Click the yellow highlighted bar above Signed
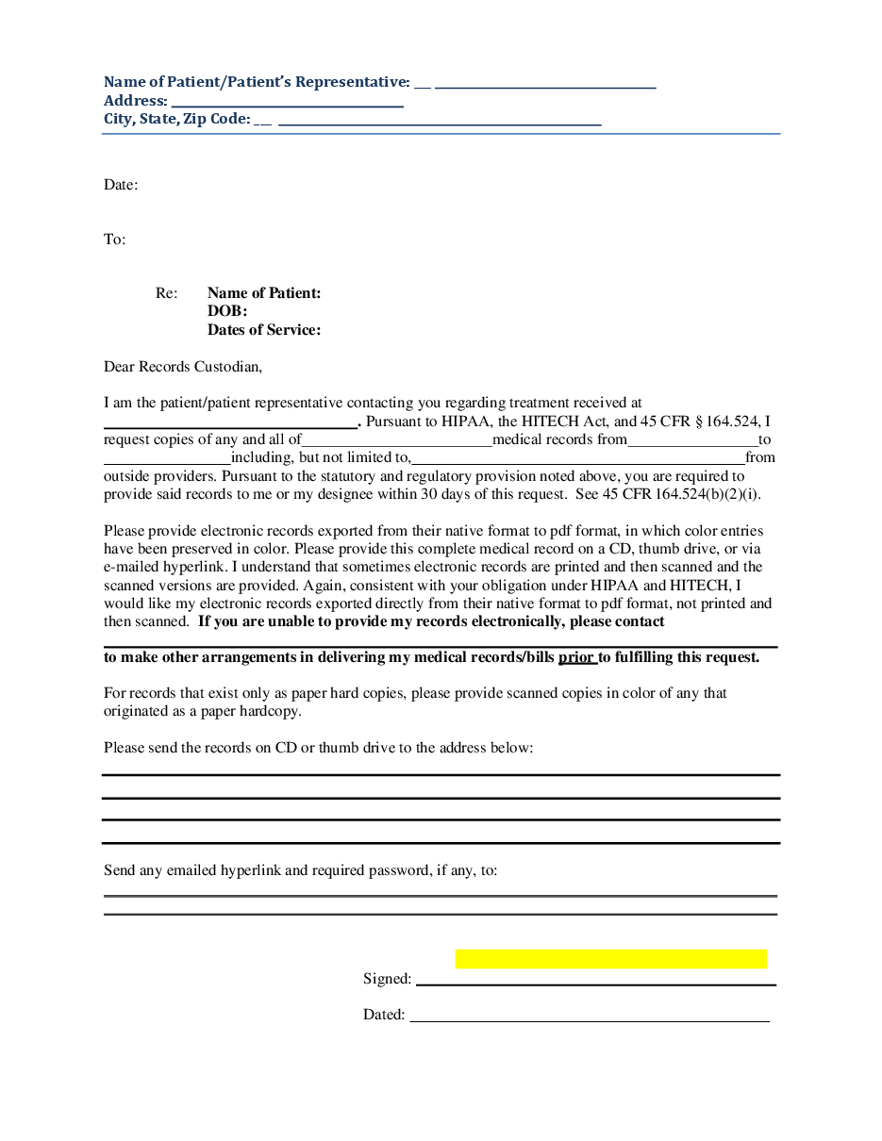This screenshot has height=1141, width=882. click(x=610, y=959)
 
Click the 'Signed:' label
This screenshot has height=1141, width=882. click(x=387, y=979)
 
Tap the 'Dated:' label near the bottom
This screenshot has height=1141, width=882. click(x=384, y=1015)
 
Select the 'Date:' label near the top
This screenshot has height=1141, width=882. click(x=121, y=185)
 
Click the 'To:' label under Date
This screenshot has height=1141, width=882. click(x=114, y=240)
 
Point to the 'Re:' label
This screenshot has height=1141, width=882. click(x=166, y=293)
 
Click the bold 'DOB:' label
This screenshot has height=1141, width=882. click(x=227, y=311)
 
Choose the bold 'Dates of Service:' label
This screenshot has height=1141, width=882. click(x=264, y=330)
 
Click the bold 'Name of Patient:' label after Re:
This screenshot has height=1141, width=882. click(x=264, y=293)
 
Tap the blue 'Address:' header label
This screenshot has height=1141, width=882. click(x=136, y=101)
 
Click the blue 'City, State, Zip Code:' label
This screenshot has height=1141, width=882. click(x=176, y=119)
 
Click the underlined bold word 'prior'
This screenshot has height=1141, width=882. click(x=576, y=657)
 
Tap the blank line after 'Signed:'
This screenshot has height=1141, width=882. click(x=595, y=983)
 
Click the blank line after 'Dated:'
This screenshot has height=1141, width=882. click(x=590, y=1019)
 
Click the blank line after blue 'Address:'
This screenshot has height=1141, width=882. click(x=288, y=105)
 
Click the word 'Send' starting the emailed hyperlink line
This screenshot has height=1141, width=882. click(x=119, y=869)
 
